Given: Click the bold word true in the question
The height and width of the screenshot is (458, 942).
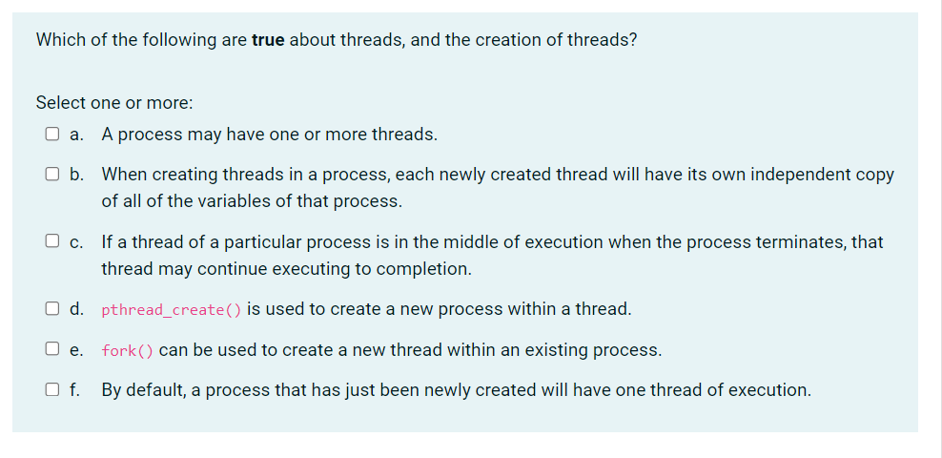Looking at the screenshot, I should [x=268, y=40].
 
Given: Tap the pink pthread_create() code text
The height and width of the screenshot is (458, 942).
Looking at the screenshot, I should [x=171, y=310].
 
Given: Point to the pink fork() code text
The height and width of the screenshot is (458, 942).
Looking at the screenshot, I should [x=127, y=351].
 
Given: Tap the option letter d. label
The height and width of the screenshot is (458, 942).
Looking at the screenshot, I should [x=76, y=309].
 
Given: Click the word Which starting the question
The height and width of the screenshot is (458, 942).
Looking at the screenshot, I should [x=59, y=40].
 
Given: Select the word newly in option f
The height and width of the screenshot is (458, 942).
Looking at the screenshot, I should [x=433, y=390].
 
